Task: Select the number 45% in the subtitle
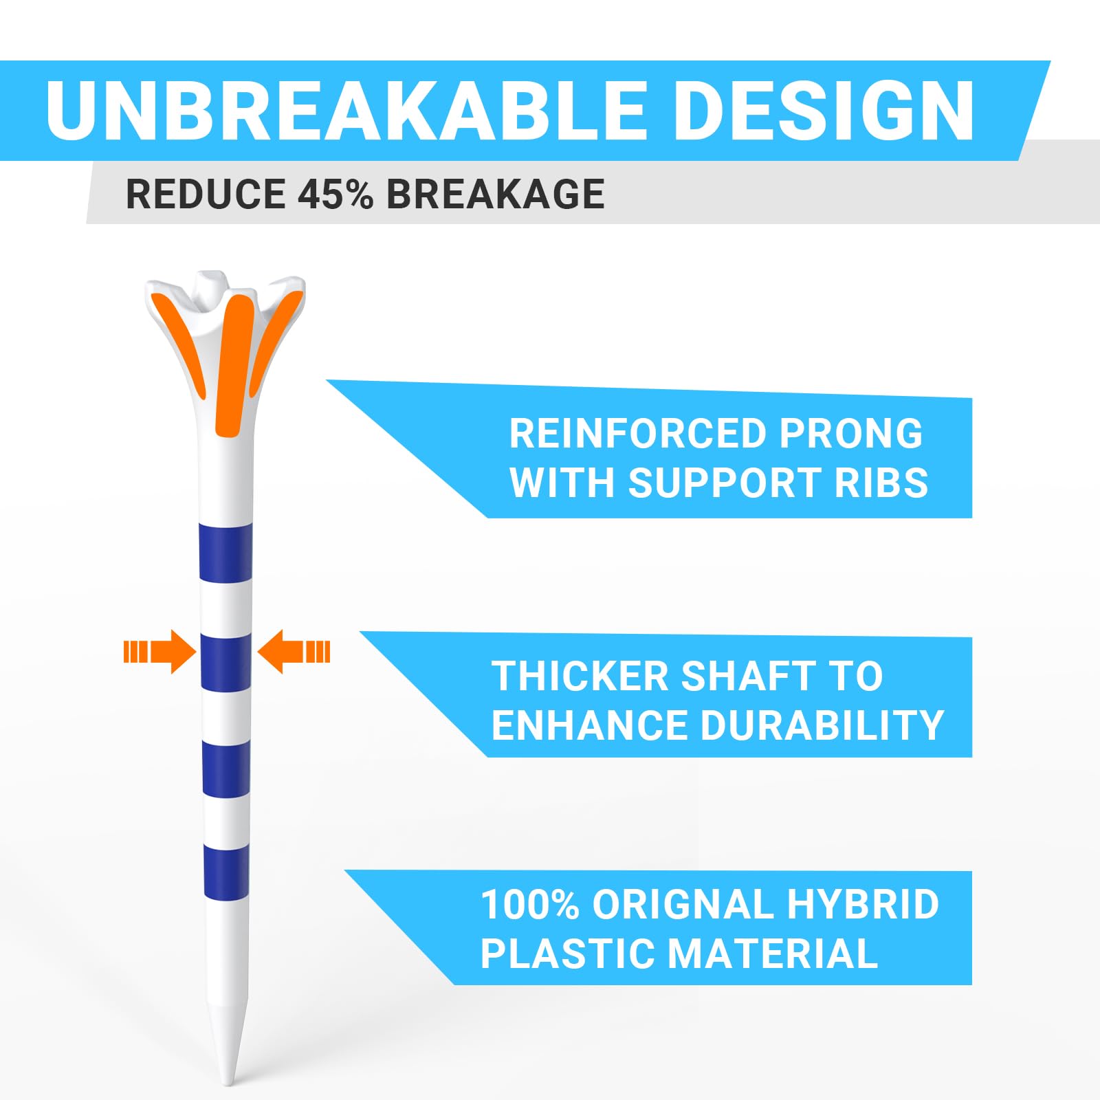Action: click(335, 194)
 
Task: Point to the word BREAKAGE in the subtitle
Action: click(495, 194)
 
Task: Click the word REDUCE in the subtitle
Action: click(206, 194)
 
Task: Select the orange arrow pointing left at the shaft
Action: click(293, 651)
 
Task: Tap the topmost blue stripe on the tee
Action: click(225, 551)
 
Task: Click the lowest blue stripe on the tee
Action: click(226, 872)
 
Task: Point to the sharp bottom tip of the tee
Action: click(228, 1081)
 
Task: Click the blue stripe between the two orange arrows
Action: click(225, 662)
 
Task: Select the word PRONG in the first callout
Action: click(850, 434)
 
